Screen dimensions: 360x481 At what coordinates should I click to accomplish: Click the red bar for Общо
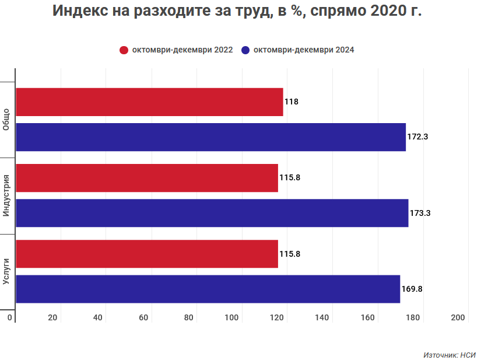pyautogui.click(x=149, y=102)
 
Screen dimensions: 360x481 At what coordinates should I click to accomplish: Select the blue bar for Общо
pyautogui.click(x=210, y=137)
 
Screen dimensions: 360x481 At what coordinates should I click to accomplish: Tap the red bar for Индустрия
pyautogui.click(x=147, y=178)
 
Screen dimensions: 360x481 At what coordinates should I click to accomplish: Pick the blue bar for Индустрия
pyautogui.click(x=212, y=213)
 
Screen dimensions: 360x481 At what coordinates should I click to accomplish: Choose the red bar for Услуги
pyautogui.click(x=147, y=254)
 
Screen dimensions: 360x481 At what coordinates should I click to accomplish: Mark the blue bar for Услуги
pyautogui.click(x=208, y=289)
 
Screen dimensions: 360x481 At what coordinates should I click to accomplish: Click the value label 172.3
pyautogui.click(x=417, y=137)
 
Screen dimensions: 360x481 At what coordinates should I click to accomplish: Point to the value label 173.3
pyautogui.click(x=420, y=213)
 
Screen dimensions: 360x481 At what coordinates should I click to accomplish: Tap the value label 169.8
pyautogui.click(x=412, y=289)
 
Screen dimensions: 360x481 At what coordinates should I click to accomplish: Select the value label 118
pyautogui.click(x=292, y=102)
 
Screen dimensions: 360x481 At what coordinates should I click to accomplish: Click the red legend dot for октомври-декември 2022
pyautogui.click(x=124, y=50)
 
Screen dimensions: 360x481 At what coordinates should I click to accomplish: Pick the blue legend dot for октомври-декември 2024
pyautogui.click(x=245, y=50)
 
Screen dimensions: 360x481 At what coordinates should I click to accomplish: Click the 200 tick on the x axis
pyautogui.click(x=458, y=317)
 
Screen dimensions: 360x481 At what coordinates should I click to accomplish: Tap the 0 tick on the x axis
pyautogui.click(x=10, y=317)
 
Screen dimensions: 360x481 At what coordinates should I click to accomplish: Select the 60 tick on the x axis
pyautogui.click(x=143, y=317)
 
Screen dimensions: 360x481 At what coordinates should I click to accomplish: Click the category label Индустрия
pyautogui.click(x=6, y=195)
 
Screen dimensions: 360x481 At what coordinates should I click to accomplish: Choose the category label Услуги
pyautogui.click(x=6, y=271)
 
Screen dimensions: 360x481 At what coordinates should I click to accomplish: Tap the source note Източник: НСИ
pyautogui.click(x=449, y=354)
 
